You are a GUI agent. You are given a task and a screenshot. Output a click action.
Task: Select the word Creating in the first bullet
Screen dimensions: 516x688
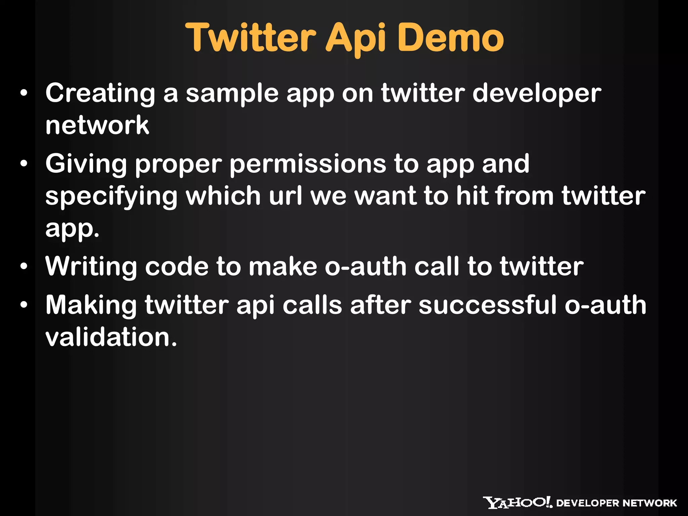tap(100, 93)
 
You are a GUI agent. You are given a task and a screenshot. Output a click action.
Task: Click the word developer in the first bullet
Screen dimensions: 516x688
tap(536, 93)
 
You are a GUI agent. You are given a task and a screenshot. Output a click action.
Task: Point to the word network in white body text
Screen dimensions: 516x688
tap(97, 125)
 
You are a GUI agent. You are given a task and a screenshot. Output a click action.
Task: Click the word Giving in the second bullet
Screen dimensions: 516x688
tap(86, 164)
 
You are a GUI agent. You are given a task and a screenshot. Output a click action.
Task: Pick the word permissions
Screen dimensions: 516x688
tap(308, 164)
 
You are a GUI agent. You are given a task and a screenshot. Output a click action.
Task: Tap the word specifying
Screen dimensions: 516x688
tap(111, 197)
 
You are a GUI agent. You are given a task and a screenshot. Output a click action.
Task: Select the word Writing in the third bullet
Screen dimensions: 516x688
tap(91, 267)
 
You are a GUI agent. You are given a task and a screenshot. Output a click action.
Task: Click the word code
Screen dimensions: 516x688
tap(177, 267)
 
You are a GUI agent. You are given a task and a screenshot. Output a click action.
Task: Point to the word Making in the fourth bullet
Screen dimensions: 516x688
tap(91, 305)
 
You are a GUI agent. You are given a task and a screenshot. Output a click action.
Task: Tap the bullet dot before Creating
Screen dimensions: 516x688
tap(24, 94)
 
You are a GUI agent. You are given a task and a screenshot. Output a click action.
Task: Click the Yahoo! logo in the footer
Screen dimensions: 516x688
tap(517, 503)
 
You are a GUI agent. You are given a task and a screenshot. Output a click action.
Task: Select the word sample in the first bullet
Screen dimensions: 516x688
tap(232, 93)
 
